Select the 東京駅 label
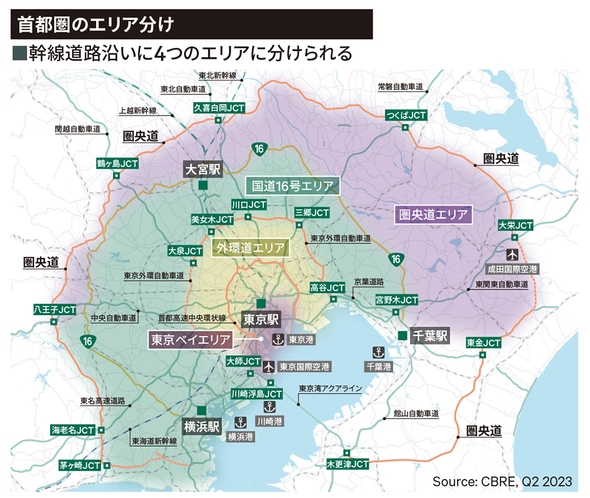pyautogui.click(x=260, y=319)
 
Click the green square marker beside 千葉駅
pyautogui.click(x=402, y=335)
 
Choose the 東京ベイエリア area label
pyautogui.click(x=190, y=339)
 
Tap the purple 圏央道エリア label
pyautogui.click(x=433, y=214)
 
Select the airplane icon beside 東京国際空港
pyautogui.click(x=268, y=367)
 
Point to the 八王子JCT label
pyautogui.click(x=55, y=309)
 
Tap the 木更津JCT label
pyautogui.click(x=348, y=464)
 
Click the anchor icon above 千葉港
pyautogui.click(x=378, y=352)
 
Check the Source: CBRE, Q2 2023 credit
pyautogui.click(x=502, y=481)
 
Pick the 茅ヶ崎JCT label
pyautogui.click(x=80, y=465)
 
